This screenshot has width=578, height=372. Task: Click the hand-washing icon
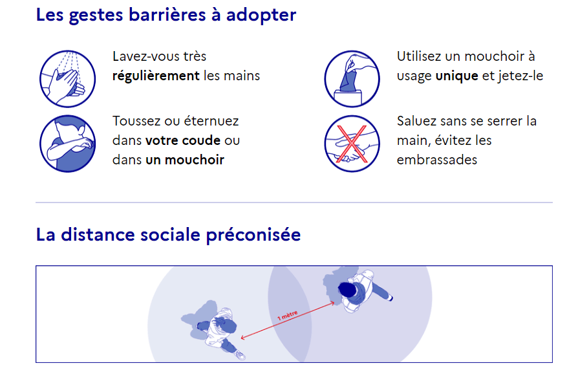point(67,79)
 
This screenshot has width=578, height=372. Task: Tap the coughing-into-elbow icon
point(67,144)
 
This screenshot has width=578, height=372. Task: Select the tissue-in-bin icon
point(352,79)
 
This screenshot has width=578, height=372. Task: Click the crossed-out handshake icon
point(352,144)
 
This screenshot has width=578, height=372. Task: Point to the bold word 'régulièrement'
point(156,76)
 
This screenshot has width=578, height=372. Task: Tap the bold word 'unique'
point(456,76)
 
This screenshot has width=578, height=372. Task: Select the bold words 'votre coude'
point(183,140)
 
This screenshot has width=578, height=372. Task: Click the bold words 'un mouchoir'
point(185,160)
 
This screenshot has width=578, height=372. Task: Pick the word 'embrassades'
point(437,160)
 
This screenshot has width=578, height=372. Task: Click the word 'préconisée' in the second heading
point(253,235)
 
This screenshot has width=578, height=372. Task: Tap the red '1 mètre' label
point(287,315)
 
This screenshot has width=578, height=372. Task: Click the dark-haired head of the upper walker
point(347,289)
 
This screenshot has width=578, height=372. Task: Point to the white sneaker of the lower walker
point(241,355)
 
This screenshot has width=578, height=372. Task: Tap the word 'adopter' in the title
point(261,16)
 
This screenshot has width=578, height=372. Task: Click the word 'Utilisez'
point(419,56)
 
